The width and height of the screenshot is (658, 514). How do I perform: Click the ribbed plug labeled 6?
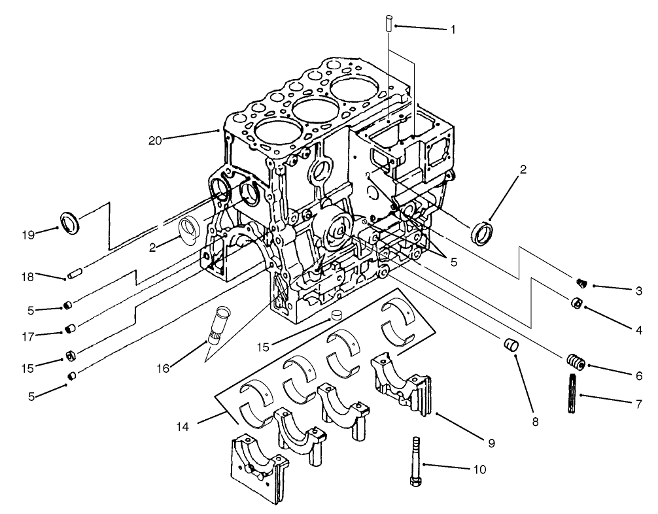[x=574, y=361]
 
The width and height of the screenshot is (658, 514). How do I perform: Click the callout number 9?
[x=491, y=443]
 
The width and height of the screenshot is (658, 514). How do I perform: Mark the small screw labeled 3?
[x=580, y=283]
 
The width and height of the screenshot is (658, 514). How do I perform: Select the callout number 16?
[x=163, y=369]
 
